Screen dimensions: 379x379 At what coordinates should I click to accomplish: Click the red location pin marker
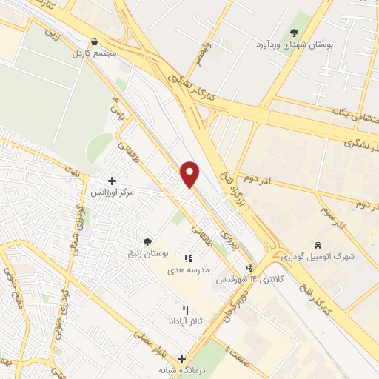(x=191, y=174)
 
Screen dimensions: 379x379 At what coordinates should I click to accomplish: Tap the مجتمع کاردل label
(x=90, y=53)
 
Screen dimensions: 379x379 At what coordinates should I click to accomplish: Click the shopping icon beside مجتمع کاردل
(x=93, y=42)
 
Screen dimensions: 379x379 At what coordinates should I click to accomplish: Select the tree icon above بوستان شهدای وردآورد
(x=294, y=33)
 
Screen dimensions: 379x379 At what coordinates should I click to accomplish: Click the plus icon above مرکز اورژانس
(x=112, y=180)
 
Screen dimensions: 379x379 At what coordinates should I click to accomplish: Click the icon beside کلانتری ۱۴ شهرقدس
(x=250, y=269)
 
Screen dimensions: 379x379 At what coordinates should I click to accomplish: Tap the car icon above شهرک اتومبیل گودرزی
(x=317, y=245)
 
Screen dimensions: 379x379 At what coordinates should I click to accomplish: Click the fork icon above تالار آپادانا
(x=186, y=310)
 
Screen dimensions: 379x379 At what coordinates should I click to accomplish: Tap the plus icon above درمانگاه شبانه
(x=181, y=359)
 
